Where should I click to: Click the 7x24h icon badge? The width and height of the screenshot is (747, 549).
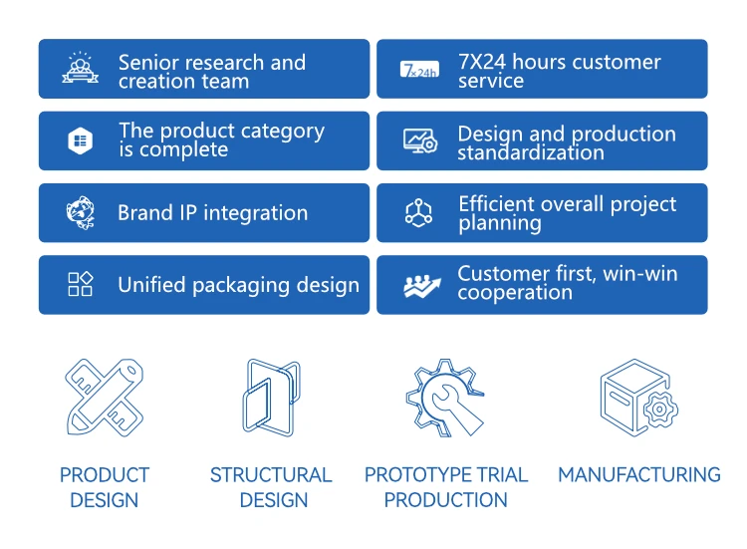[x=419, y=69]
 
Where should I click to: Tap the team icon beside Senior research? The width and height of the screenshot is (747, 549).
[x=80, y=68]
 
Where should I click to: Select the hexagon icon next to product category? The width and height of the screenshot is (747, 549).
[x=81, y=140]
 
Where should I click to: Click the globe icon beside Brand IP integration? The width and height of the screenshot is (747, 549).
[x=81, y=212]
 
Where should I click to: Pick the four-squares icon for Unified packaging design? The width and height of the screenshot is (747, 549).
[x=81, y=285]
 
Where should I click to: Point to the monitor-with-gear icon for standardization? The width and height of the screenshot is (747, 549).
[x=420, y=141]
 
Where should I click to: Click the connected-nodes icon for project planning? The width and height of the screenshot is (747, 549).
[x=418, y=212]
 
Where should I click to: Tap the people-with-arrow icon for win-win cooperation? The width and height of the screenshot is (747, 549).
[x=422, y=286]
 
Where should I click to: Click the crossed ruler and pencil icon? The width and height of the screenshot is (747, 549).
[x=105, y=398]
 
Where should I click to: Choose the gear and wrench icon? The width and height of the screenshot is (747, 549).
[x=445, y=398]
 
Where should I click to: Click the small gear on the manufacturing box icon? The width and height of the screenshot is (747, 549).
[x=660, y=409]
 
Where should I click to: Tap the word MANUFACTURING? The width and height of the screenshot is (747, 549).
[x=639, y=474]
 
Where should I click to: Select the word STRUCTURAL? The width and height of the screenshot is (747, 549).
[x=271, y=474]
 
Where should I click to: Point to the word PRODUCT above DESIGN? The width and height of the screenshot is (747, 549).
[x=105, y=474]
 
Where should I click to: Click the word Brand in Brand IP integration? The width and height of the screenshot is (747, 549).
[x=145, y=212]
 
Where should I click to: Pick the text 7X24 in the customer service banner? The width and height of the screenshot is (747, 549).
[x=482, y=62]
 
